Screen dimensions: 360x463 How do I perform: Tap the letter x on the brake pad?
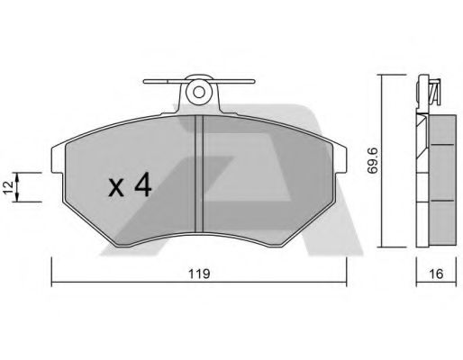(115, 189)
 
